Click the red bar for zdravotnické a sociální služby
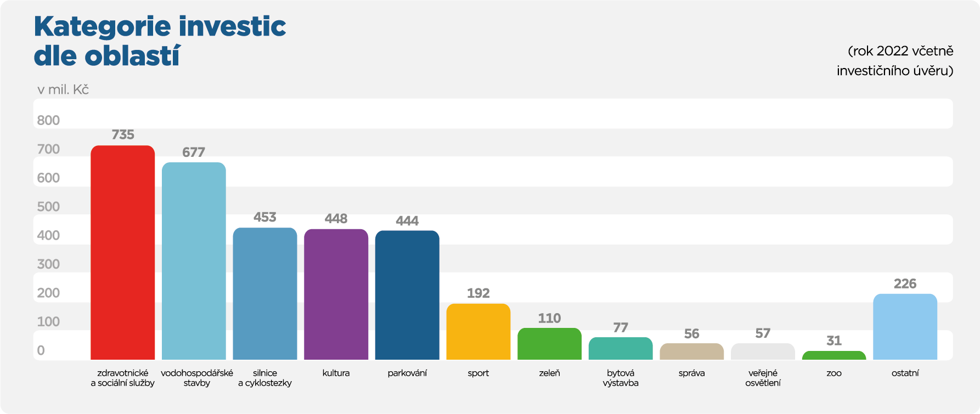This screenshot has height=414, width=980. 122,252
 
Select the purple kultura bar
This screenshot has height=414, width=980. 336,294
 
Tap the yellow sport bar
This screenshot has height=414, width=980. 478,332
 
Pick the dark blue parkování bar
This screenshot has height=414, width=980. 407,295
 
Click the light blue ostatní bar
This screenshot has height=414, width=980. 905,327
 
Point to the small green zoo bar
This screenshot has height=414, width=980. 833,355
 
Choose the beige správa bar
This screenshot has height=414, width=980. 691,351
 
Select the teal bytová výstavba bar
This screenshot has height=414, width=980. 621,349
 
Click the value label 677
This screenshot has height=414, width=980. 194,152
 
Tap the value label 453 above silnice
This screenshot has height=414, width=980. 265,217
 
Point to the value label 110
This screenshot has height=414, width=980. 549,318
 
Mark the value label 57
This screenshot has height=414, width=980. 763,333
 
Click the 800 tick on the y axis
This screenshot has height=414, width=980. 48,121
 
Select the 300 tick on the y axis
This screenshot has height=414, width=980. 48,264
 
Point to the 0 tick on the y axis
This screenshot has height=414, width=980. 41,350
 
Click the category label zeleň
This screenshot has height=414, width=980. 549,373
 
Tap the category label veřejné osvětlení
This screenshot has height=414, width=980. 763,378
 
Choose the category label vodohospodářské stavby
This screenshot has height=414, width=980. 197,378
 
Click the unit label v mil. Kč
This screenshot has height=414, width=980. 63,90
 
